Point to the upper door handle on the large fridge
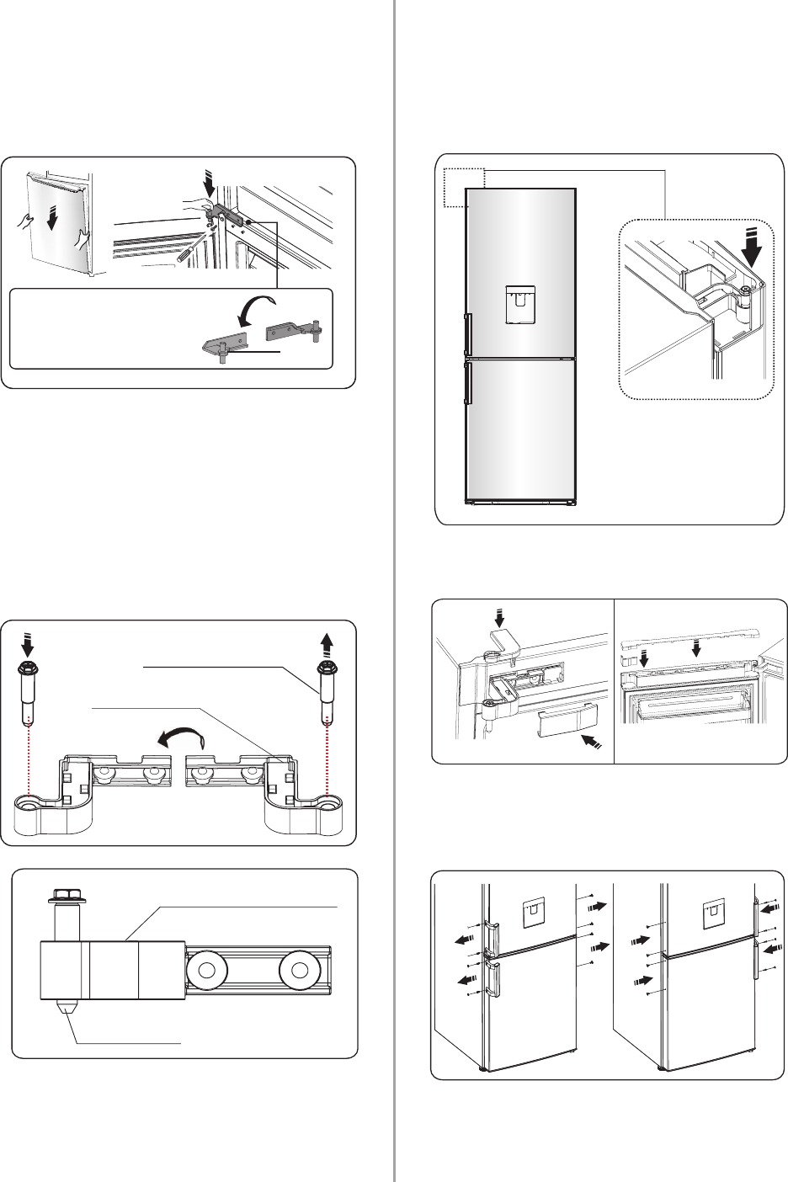point(467,332)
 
